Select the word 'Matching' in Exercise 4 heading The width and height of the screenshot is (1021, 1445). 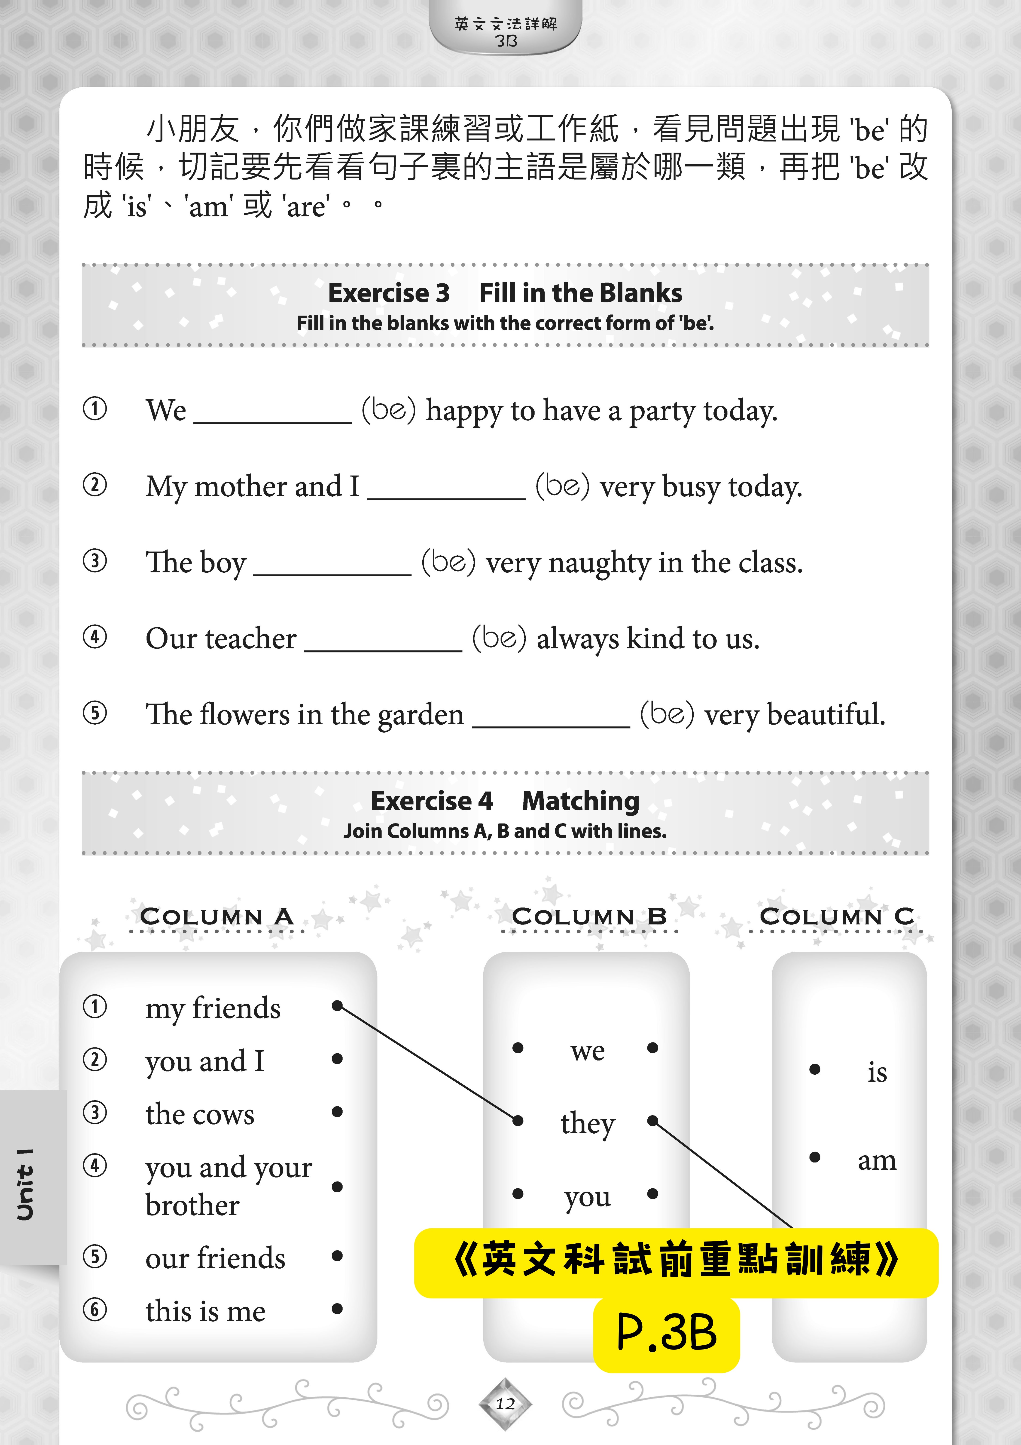click(580, 801)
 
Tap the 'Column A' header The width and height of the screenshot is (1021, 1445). click(216, 916)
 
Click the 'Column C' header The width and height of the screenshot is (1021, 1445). click(837, 916)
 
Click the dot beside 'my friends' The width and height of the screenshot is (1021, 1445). click(337, 1006)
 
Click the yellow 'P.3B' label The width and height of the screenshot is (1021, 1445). click(666, 1333)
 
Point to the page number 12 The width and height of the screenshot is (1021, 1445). click(505, 1403)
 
